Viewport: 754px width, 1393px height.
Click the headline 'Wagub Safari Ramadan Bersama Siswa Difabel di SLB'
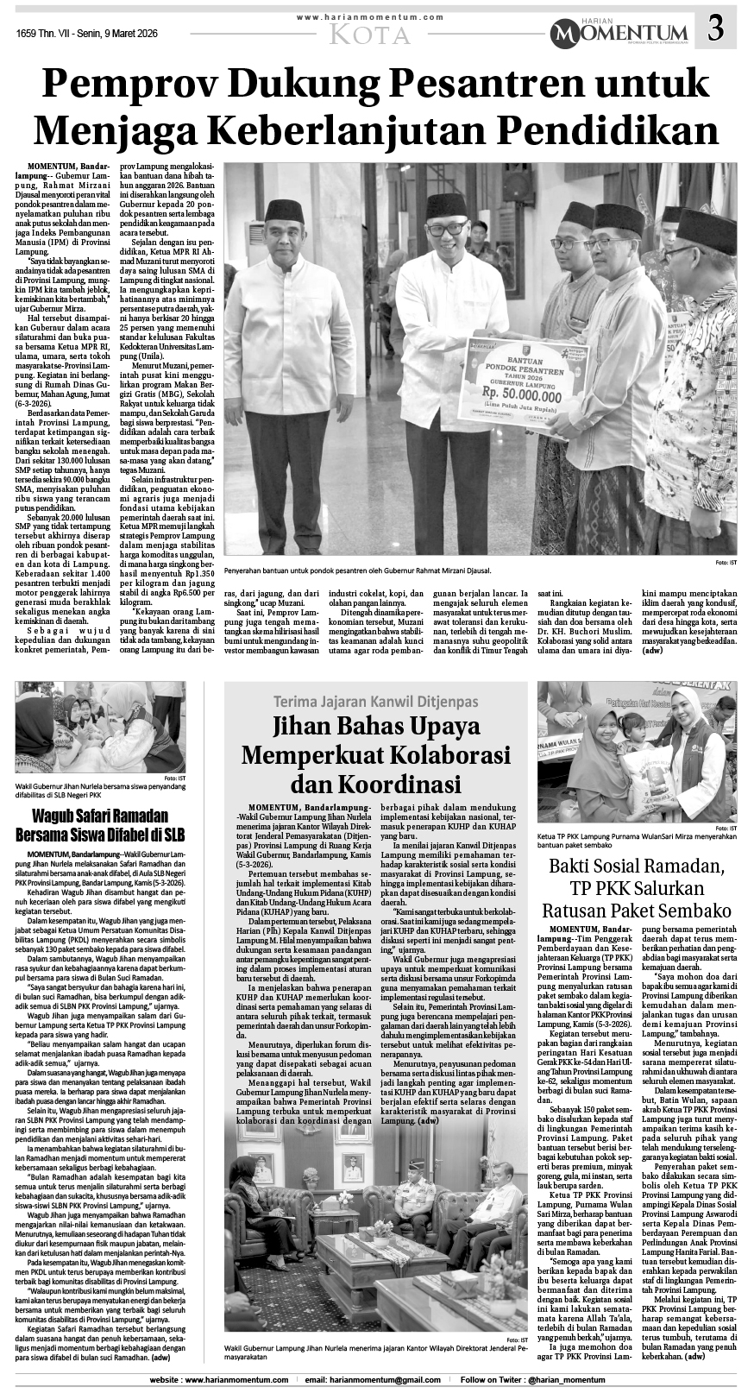pos(111,824)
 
